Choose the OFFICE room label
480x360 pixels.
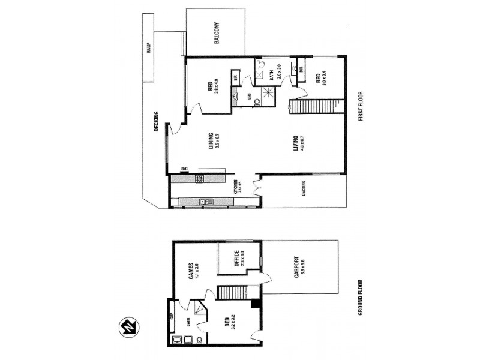click(x=238, y=259)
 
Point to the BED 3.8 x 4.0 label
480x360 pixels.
click(x=213, y=89)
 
